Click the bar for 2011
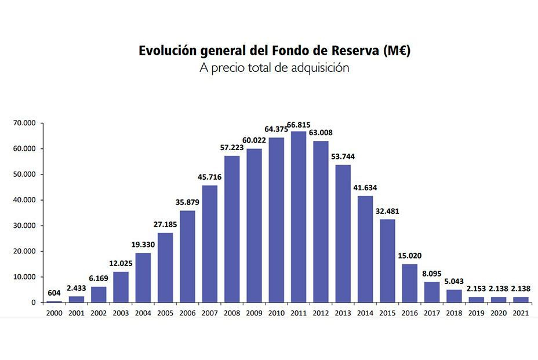[299, 217]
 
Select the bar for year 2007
[210, 243]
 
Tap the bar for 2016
[409, 283]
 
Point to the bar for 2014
[365, 249]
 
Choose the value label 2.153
[476, 289]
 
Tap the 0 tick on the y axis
[33, 303]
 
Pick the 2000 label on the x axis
[54, 312]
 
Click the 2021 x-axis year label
[520, 312]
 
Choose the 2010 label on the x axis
[277, 312]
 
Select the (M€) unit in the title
[397, 50]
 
